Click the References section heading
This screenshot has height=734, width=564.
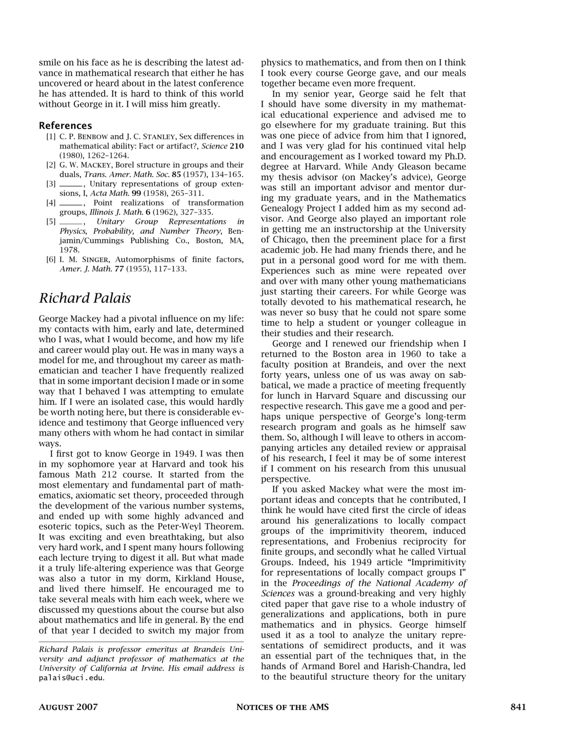click(x=66, y=125)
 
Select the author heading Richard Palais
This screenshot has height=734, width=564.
click(x=85, y=298)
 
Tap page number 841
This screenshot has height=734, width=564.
click(x=518, y=707)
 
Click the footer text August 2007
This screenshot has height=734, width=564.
click(x=68, y=707)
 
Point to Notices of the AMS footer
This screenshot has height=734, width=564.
click(x=282, y=707)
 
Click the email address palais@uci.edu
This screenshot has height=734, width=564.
click(x=71, y=678)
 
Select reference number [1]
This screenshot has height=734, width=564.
click(x=51, y=136)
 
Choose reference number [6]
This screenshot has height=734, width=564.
click(x=51, y=260)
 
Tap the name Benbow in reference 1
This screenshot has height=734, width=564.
click(x=91, y=136)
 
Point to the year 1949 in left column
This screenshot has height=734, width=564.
click(x=184, y=454)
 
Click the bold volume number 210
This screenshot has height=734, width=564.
click(x=236, y=146)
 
